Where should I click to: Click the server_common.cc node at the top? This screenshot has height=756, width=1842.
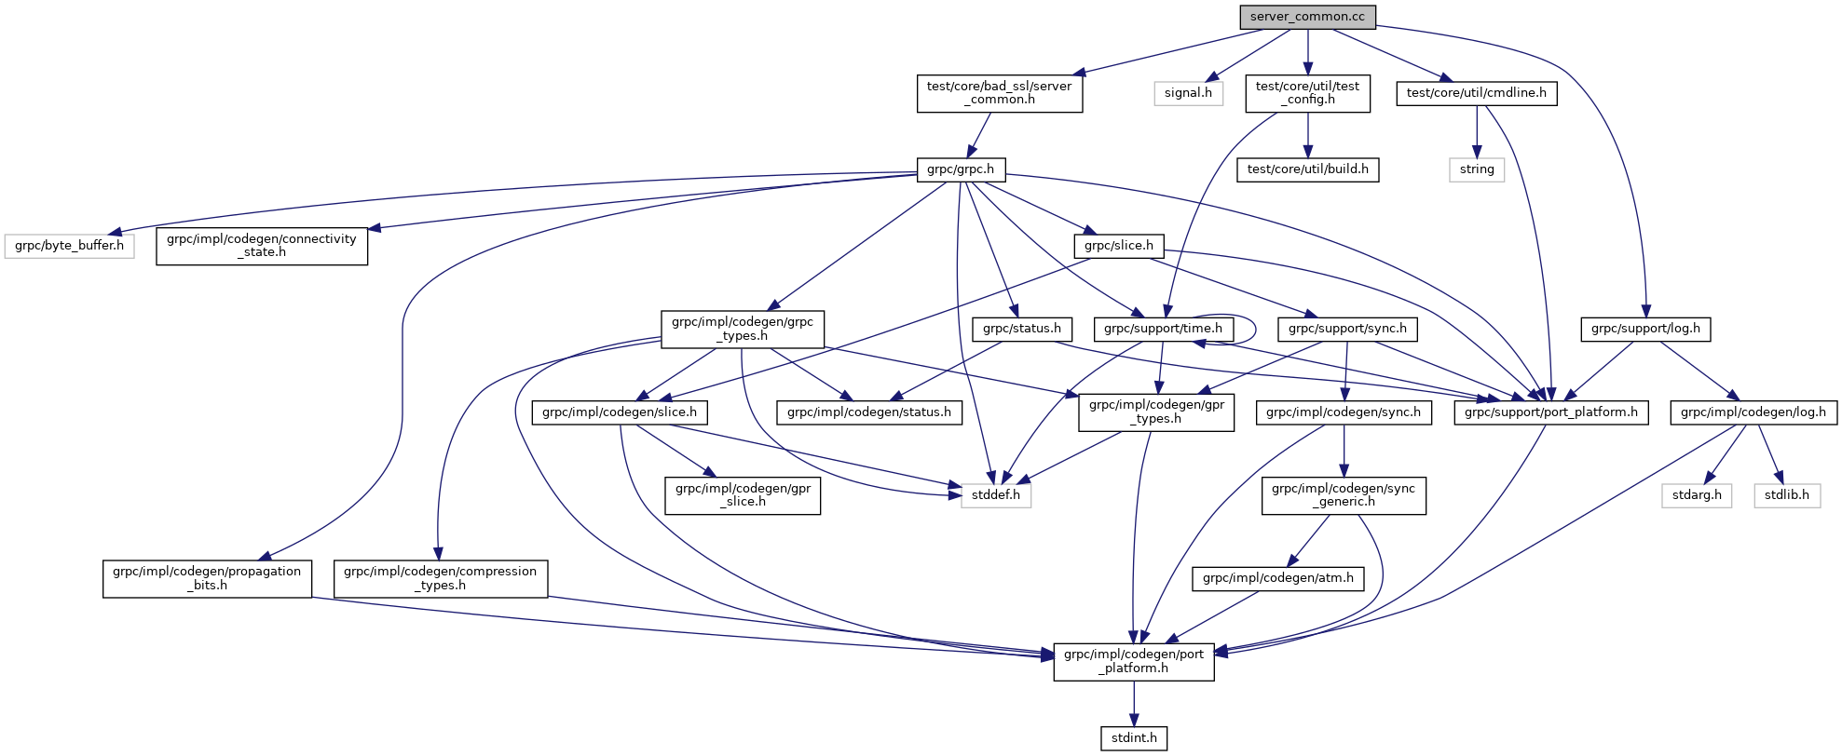tap(1306, 17)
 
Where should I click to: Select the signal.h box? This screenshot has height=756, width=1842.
tap(1188, 93)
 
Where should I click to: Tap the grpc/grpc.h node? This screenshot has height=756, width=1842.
tap(961, 169)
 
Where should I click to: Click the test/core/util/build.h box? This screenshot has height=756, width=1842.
tap(1307, 169)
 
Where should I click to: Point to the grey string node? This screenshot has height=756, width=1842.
tap(1476, 169)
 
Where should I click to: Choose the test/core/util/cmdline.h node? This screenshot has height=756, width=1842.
tap(1476, 93)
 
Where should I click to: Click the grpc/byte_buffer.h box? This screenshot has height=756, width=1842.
tap(69, 246)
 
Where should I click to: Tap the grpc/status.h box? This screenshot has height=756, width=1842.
tap(1021, 329)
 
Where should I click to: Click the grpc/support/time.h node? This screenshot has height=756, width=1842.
tap(1163, 329)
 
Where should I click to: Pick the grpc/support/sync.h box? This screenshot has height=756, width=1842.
tap(1347, 329)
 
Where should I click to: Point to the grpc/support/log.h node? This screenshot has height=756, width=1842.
tap(1644, 329)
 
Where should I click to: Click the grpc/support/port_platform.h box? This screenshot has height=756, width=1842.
tap(1550, 412)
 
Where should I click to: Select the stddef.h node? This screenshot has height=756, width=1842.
tap(995, 495)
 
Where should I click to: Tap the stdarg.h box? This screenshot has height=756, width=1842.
tap(1697, 495)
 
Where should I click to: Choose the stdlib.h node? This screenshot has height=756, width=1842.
tap(1786, 495)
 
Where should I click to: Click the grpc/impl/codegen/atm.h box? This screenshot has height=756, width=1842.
tap(1277, 578)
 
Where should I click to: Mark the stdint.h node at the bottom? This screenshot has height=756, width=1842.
tap(1134, 738)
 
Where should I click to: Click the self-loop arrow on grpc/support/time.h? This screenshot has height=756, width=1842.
tap(1254, 328)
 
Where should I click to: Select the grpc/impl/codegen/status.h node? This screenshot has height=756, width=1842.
tap(868, 412)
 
